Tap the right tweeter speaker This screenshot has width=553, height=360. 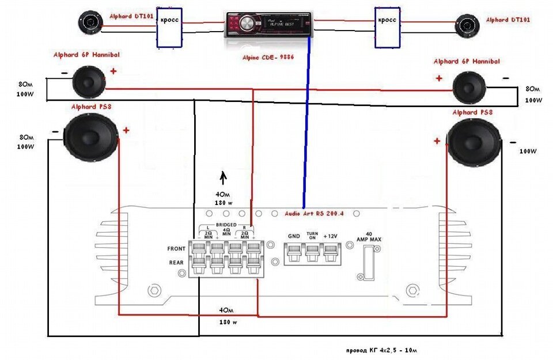(466, 25)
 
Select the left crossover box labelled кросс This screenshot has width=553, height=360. (169, 27)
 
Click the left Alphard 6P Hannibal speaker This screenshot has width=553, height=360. (89, 81)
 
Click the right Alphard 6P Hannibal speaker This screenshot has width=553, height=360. (469, 88)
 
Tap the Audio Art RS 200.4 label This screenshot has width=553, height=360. (314, 213)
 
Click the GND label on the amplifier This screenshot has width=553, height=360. (294, 236)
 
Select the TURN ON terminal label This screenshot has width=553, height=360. (312, 235)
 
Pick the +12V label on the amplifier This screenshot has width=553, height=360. (331, 236)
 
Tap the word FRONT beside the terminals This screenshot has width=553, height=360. (177, 249)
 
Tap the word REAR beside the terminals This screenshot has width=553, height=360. (176, 263)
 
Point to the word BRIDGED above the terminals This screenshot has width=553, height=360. (226, 224)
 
